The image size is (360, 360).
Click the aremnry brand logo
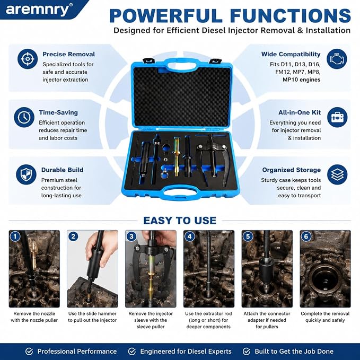pos(39,10)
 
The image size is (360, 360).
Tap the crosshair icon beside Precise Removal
pos(28,59)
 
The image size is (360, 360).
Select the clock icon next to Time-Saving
pos(24,117)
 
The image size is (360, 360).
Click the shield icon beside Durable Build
pos(26,174)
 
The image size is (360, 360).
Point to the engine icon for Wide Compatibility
pos(337,59)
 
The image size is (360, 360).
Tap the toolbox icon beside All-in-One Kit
pos(337,117)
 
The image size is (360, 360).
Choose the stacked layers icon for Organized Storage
pos(337,174)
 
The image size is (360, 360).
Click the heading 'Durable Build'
pos(62,170)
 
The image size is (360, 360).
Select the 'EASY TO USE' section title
pos(180,221)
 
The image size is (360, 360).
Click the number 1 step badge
pos(15,236)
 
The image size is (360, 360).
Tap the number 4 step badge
pos(190,236)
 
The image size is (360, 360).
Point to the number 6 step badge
pos(306,236)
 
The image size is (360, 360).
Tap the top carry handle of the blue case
pos(182,64)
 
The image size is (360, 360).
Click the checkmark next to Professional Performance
pos(29,352)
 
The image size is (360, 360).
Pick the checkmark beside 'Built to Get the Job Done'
pos(247,352)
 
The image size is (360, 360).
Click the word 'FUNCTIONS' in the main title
pos(291,15)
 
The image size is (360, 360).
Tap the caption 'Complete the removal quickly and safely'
pos(325,317)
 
